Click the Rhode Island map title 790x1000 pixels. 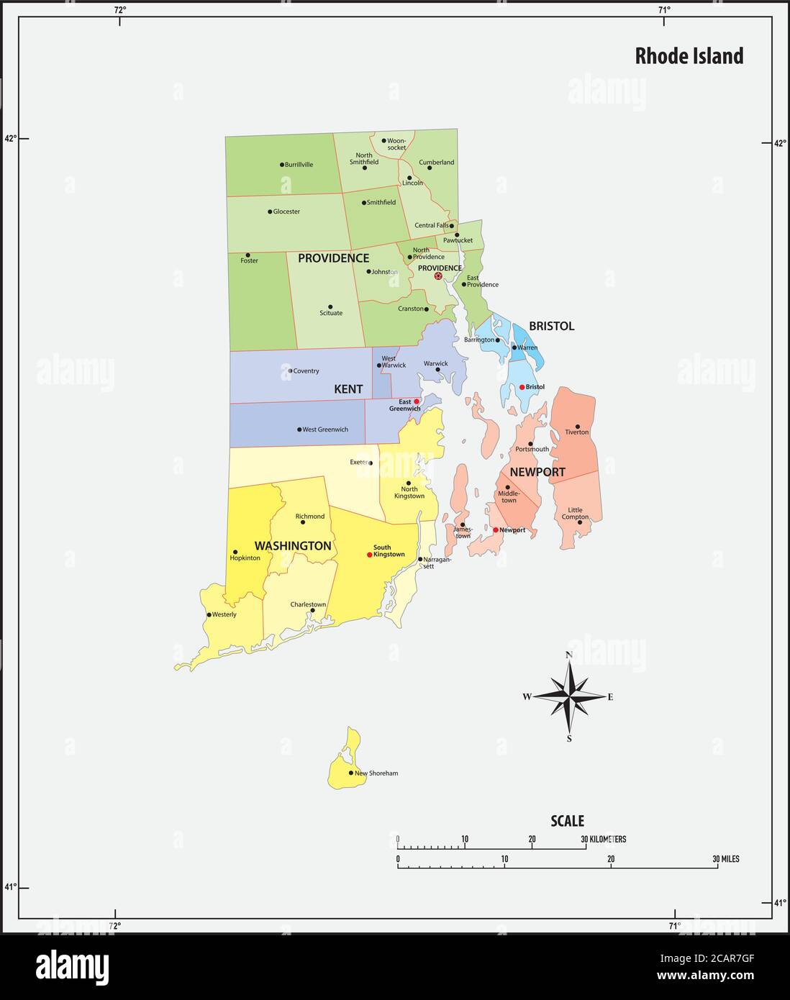click(x=689, y=56)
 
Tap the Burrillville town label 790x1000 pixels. click(x=299, y=165)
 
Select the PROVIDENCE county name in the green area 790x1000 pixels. click(x=333, y=258)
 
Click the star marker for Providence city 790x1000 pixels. click(x=438, y=276)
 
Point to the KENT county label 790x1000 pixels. click(x=348, y=389)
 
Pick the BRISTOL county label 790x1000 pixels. click(x=551, y=326)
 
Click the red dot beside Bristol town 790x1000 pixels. click(x=522, y=387)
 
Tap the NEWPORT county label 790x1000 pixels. click(x=537, y=473)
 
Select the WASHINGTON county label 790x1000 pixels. click(x=293, y=546)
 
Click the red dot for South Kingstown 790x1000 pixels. click(x=370, y=555)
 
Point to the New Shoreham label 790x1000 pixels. click(x=376, y=773)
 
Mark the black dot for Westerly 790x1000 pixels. click(x=209, y=615)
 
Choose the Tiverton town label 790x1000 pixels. click(x=577, y=432)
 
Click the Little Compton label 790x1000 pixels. click(x=575, y=514)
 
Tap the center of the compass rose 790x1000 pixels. click(x=569, y=696)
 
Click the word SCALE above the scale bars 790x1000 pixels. click(x=567, y=821)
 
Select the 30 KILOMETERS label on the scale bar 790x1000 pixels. click(x=604, y=840)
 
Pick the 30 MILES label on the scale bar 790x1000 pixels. click(x=725, y=859)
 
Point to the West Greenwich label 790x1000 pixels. click(x=325, y=429)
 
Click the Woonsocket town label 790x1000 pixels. click(x=396, y=144)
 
